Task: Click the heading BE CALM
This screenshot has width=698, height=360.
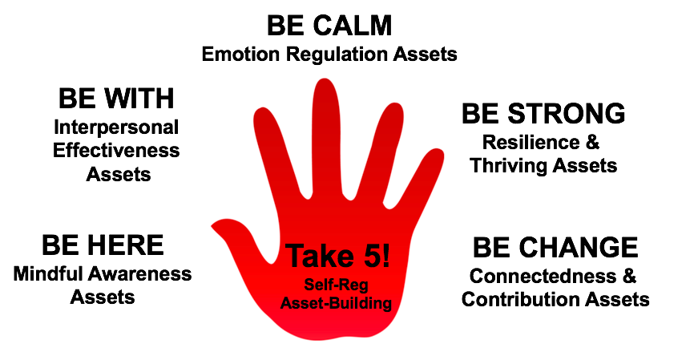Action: [x=329, y=26]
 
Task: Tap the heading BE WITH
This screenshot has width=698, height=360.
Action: [x=116, y=98]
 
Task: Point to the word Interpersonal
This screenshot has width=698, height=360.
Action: [x=116, y=127]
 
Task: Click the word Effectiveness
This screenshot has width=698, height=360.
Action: [x=116, y=150]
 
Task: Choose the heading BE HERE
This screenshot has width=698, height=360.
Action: [x=103, y=245]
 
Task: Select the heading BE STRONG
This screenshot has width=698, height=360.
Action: [x=543, y=113]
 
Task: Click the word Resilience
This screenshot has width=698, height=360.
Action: [x=531, y=143]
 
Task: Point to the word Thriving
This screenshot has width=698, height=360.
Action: [x=508, y=166]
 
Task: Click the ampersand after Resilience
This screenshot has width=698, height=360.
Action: [x=592, y=143]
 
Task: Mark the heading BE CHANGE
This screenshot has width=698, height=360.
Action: [x=555, y=247]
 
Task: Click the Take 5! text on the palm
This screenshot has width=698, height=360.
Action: [x=338, y=257]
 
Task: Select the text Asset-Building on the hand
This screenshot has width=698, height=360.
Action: [x=336, y=303]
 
